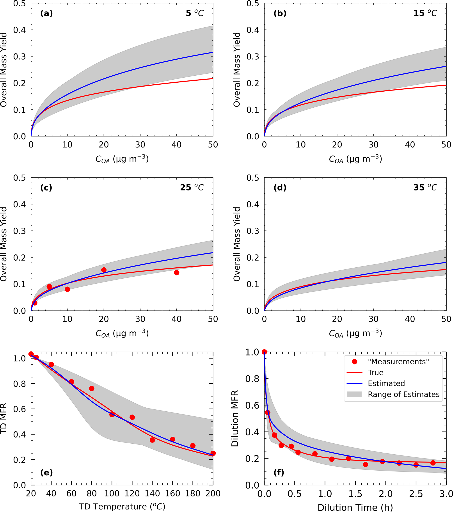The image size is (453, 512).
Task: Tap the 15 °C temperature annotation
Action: [425, 13]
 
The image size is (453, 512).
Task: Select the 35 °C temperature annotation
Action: [425, 188]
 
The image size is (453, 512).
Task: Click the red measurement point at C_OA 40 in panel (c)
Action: [177, 272]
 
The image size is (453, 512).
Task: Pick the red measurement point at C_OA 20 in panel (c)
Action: [104, 270]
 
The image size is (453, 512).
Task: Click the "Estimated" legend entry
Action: [386, 383]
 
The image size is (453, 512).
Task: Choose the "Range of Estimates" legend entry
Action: [403, 394]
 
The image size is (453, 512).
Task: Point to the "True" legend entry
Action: [375, 372]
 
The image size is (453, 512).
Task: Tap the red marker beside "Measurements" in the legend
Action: [355, 361]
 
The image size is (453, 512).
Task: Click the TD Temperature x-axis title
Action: [122, 507]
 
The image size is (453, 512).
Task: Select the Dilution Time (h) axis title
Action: [355, 507]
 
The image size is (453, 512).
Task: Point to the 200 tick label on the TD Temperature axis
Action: [213, 493]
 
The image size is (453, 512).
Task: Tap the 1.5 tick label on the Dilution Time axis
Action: [355, 494]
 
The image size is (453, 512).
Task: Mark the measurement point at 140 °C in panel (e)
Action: [152, 440]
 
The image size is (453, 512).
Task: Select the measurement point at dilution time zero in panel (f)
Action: [264, 352]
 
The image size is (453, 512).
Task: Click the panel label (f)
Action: [279, 473]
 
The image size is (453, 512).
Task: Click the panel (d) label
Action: [280, 188]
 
